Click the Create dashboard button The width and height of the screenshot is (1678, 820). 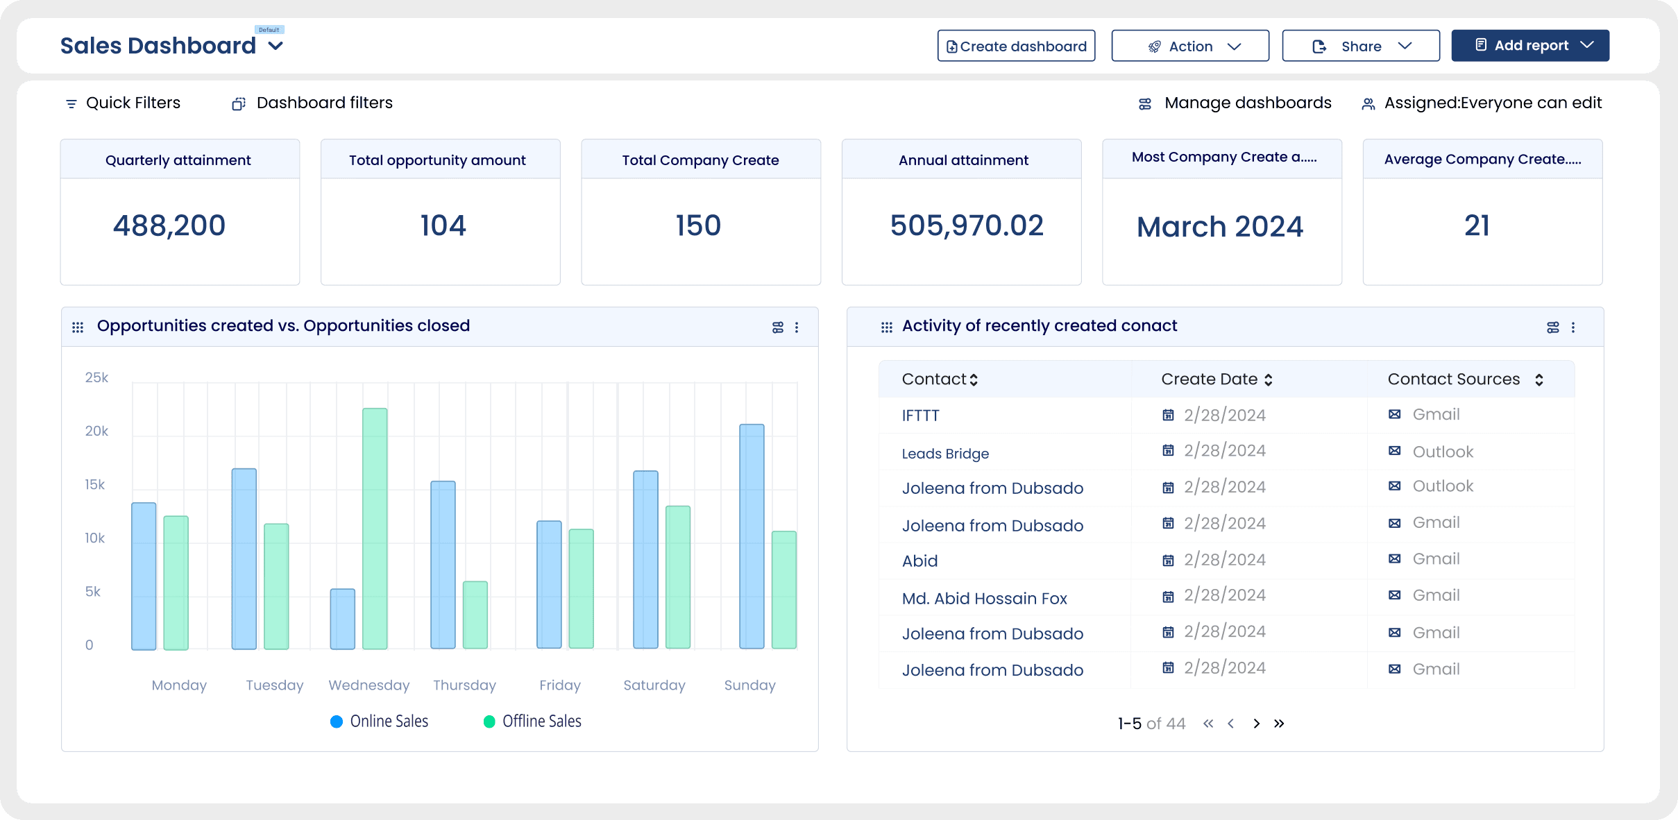point(1016,46)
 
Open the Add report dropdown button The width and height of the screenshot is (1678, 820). point(1529,46)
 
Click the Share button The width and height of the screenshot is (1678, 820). point(1360,46)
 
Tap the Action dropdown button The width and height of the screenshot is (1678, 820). point(1190,46)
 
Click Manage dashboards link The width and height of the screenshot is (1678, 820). point(1246,103)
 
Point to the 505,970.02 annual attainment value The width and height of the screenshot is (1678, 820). point(966,225)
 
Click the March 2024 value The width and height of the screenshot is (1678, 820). point(1219,227)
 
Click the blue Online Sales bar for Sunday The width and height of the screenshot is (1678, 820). point(752,536)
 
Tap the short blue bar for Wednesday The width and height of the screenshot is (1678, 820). point(342,619)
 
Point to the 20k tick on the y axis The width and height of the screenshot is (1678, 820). point(96,431)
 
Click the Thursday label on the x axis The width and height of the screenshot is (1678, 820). point(464,685)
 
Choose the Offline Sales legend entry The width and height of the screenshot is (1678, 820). point(533,721)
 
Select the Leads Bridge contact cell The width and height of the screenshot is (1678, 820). point(945,454)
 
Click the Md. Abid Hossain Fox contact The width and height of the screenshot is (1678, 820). point(984,598)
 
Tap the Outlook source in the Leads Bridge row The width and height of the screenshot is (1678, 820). point(1442,452)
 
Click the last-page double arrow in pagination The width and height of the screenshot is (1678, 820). point(1279,724)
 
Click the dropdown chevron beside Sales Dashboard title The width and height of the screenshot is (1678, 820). point(276,46)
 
